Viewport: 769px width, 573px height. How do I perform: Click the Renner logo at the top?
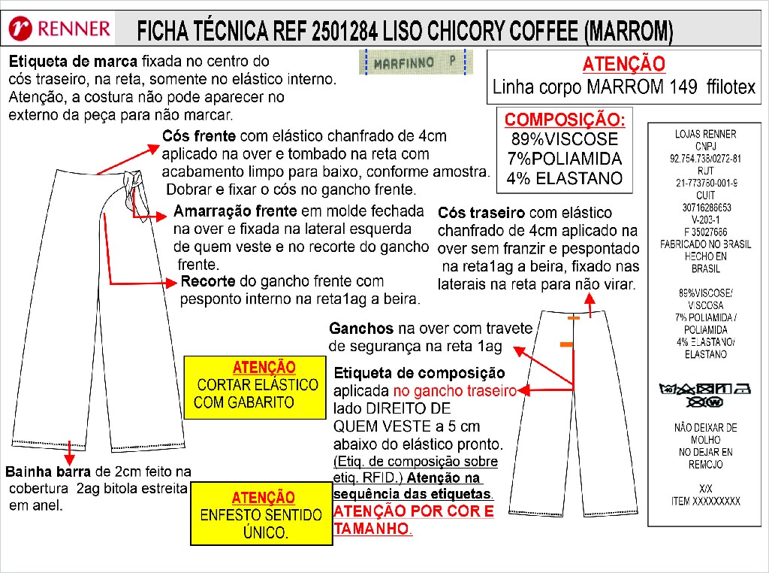click(x=60, y=29)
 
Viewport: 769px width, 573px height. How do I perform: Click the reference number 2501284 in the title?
click(x=344, y=31)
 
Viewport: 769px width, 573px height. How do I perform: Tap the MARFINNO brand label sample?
click(x=416, y=62)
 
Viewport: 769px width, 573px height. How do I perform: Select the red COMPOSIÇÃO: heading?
click(x=565, y=120)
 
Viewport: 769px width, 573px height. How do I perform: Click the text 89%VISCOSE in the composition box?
click(x=565, y=139)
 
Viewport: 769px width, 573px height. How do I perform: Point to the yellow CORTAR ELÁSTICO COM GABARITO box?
click(x=255, y=387)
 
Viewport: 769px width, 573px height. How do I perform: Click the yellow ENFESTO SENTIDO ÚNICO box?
click(x=261, y=514)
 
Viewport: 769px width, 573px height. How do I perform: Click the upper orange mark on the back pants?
click(x=573, y=318)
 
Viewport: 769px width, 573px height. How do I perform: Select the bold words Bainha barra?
click(x=48, y=471)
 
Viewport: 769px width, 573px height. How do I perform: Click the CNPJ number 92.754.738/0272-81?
click(x=705, y=159)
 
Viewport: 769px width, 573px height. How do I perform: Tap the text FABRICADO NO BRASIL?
click(x=705, y=244)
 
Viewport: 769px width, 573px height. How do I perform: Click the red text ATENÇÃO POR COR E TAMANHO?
click(x=414, y=520)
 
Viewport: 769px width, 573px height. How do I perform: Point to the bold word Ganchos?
click(x=361, y=328)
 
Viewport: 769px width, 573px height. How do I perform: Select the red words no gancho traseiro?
click(x=454, y=391)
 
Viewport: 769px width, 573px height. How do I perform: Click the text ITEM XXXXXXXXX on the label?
click(x=705, y=502)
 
